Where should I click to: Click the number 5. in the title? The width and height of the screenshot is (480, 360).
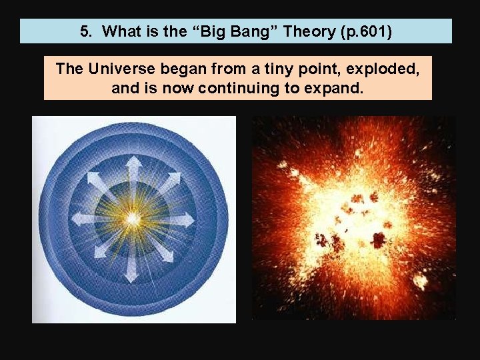(x=87, y=31)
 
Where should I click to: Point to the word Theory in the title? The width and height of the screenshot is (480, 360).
(x=299, y=31)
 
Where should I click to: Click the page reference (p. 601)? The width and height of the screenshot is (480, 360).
(x=361, y=31)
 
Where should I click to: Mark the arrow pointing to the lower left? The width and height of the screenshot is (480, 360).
(x=99, y=252)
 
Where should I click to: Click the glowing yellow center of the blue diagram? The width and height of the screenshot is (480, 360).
(x=133, y=218)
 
